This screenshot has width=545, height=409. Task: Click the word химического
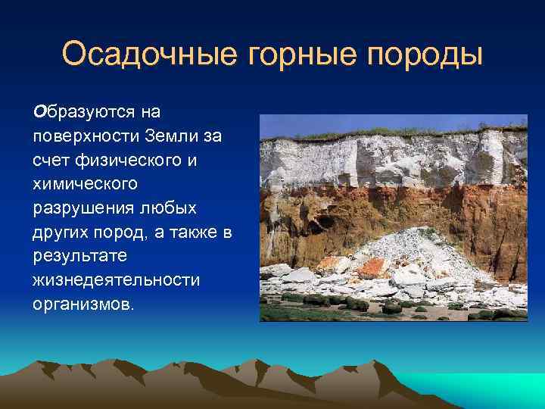pos(83,186)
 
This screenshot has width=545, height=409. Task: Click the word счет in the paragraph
pos(51,161)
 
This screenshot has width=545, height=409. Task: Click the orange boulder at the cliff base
pos(370,267)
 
